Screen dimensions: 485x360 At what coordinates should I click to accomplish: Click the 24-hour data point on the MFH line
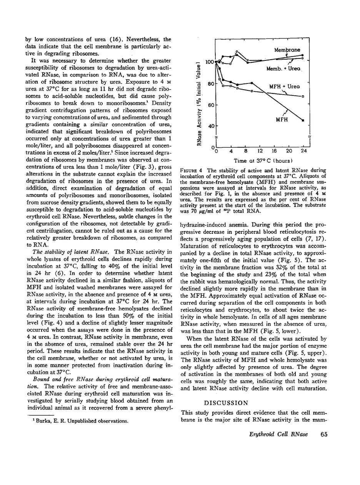click(303, 121)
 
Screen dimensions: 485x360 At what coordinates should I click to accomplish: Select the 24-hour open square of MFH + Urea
click(303, 97)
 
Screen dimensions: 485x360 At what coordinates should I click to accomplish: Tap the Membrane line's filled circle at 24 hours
click(303, 55)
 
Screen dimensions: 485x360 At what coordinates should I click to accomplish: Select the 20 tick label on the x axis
click(289, 151)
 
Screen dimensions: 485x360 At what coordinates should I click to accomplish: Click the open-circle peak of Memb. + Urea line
click(238, 51)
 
